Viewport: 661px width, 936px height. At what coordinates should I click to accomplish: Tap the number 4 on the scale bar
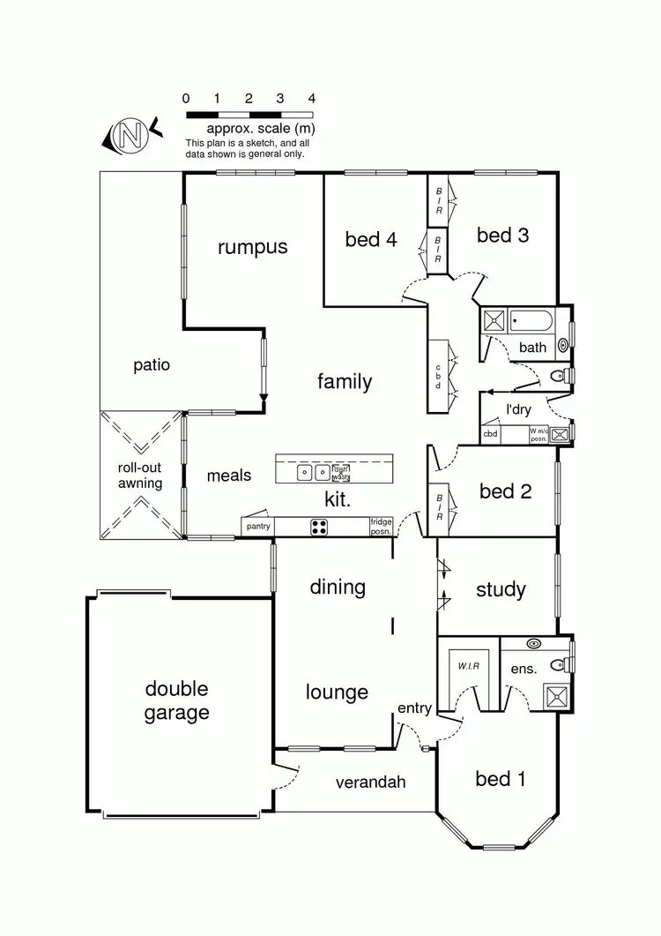point(311,99)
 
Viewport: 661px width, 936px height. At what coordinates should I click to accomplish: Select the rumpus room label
point(253,247)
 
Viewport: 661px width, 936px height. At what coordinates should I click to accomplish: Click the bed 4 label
point(370,239)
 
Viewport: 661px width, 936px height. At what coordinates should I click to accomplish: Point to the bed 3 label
point(502,235)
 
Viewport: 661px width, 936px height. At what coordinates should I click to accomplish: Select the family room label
point(345,382)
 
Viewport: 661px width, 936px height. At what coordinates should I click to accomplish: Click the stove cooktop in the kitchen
point(319,527)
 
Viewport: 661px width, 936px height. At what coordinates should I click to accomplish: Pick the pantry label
point(259,527)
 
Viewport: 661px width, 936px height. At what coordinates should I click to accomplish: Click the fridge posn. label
point(382,526)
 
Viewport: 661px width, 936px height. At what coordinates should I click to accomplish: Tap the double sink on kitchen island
point(311,472)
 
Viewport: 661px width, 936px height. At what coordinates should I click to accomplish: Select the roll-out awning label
point(140,475)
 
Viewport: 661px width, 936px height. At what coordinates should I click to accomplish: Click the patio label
point(152,364)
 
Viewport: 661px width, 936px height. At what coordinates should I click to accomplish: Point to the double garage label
point(177,700)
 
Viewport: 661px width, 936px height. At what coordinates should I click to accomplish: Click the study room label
point(501,589)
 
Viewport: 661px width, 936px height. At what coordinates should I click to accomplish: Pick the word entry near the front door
point(414,708)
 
